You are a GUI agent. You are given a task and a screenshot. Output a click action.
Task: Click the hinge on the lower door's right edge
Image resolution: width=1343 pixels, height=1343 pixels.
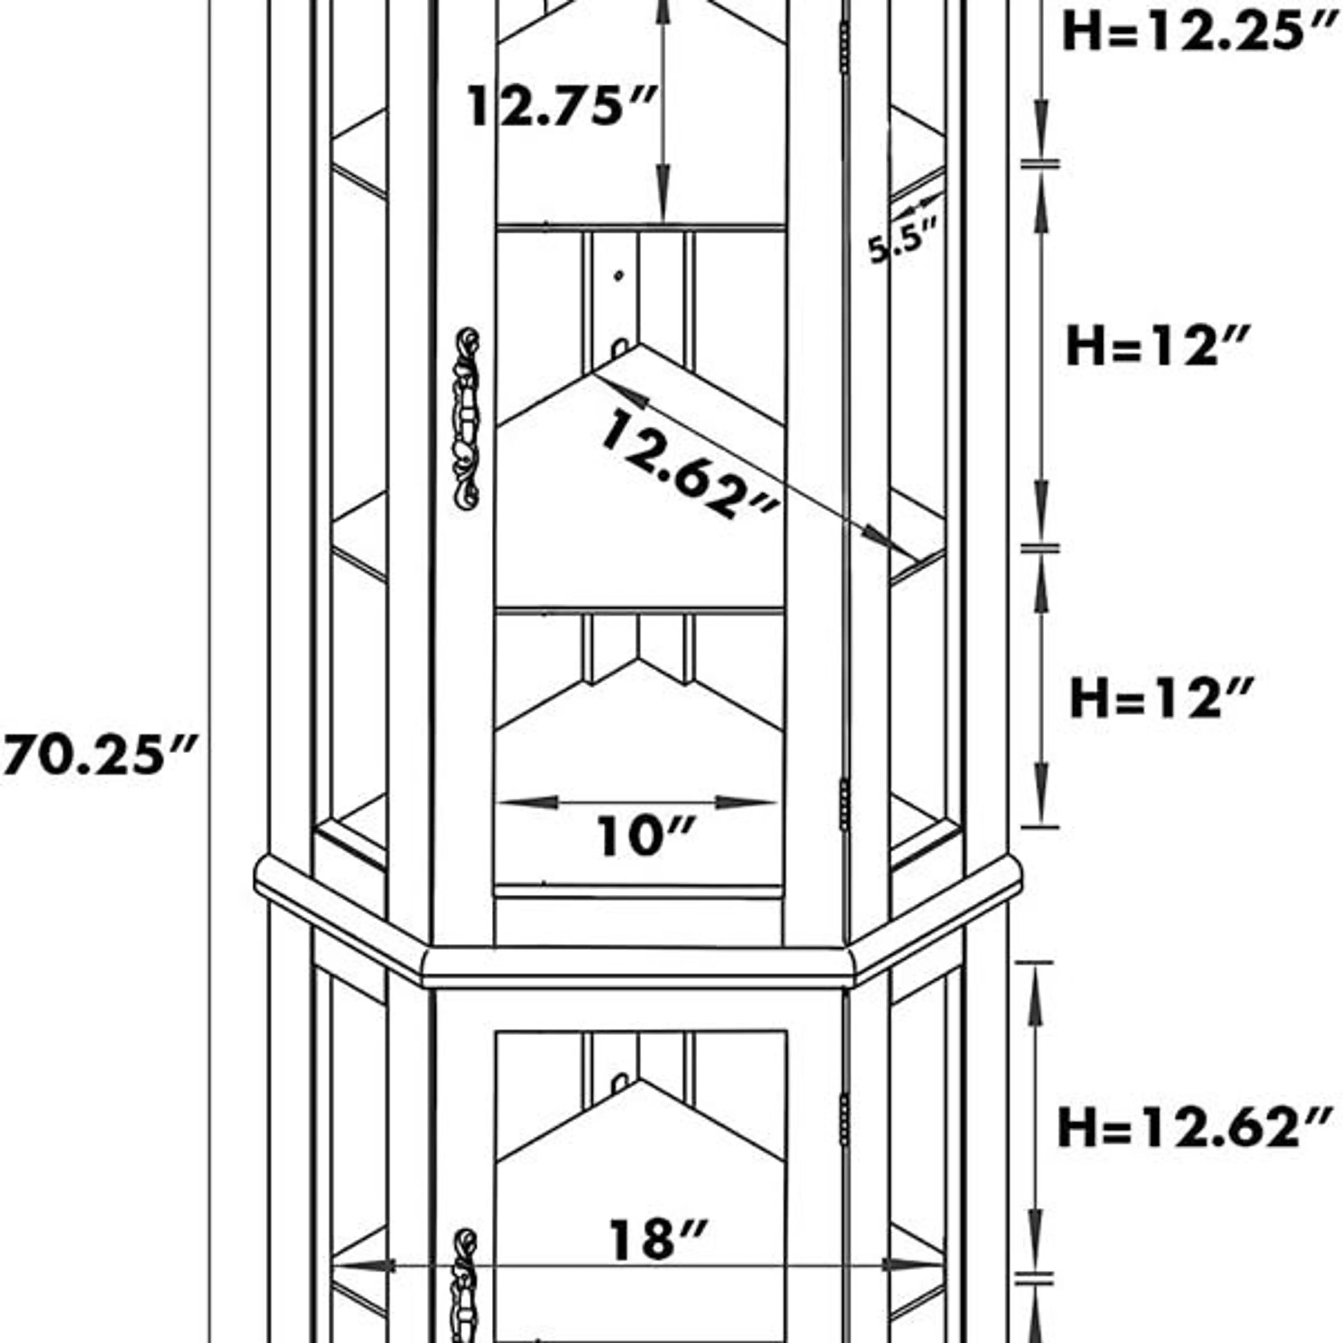(x=844, y=1119)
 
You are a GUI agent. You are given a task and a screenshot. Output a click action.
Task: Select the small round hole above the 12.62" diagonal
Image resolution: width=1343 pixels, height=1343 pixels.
(x=619, y=276)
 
